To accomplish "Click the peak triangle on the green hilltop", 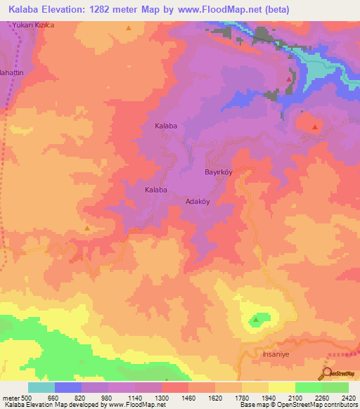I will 256,320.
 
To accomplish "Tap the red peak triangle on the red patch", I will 314,126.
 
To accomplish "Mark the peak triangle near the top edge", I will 129,29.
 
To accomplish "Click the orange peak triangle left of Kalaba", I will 87,228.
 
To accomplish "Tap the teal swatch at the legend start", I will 41,387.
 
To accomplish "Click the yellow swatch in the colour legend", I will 281,387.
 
